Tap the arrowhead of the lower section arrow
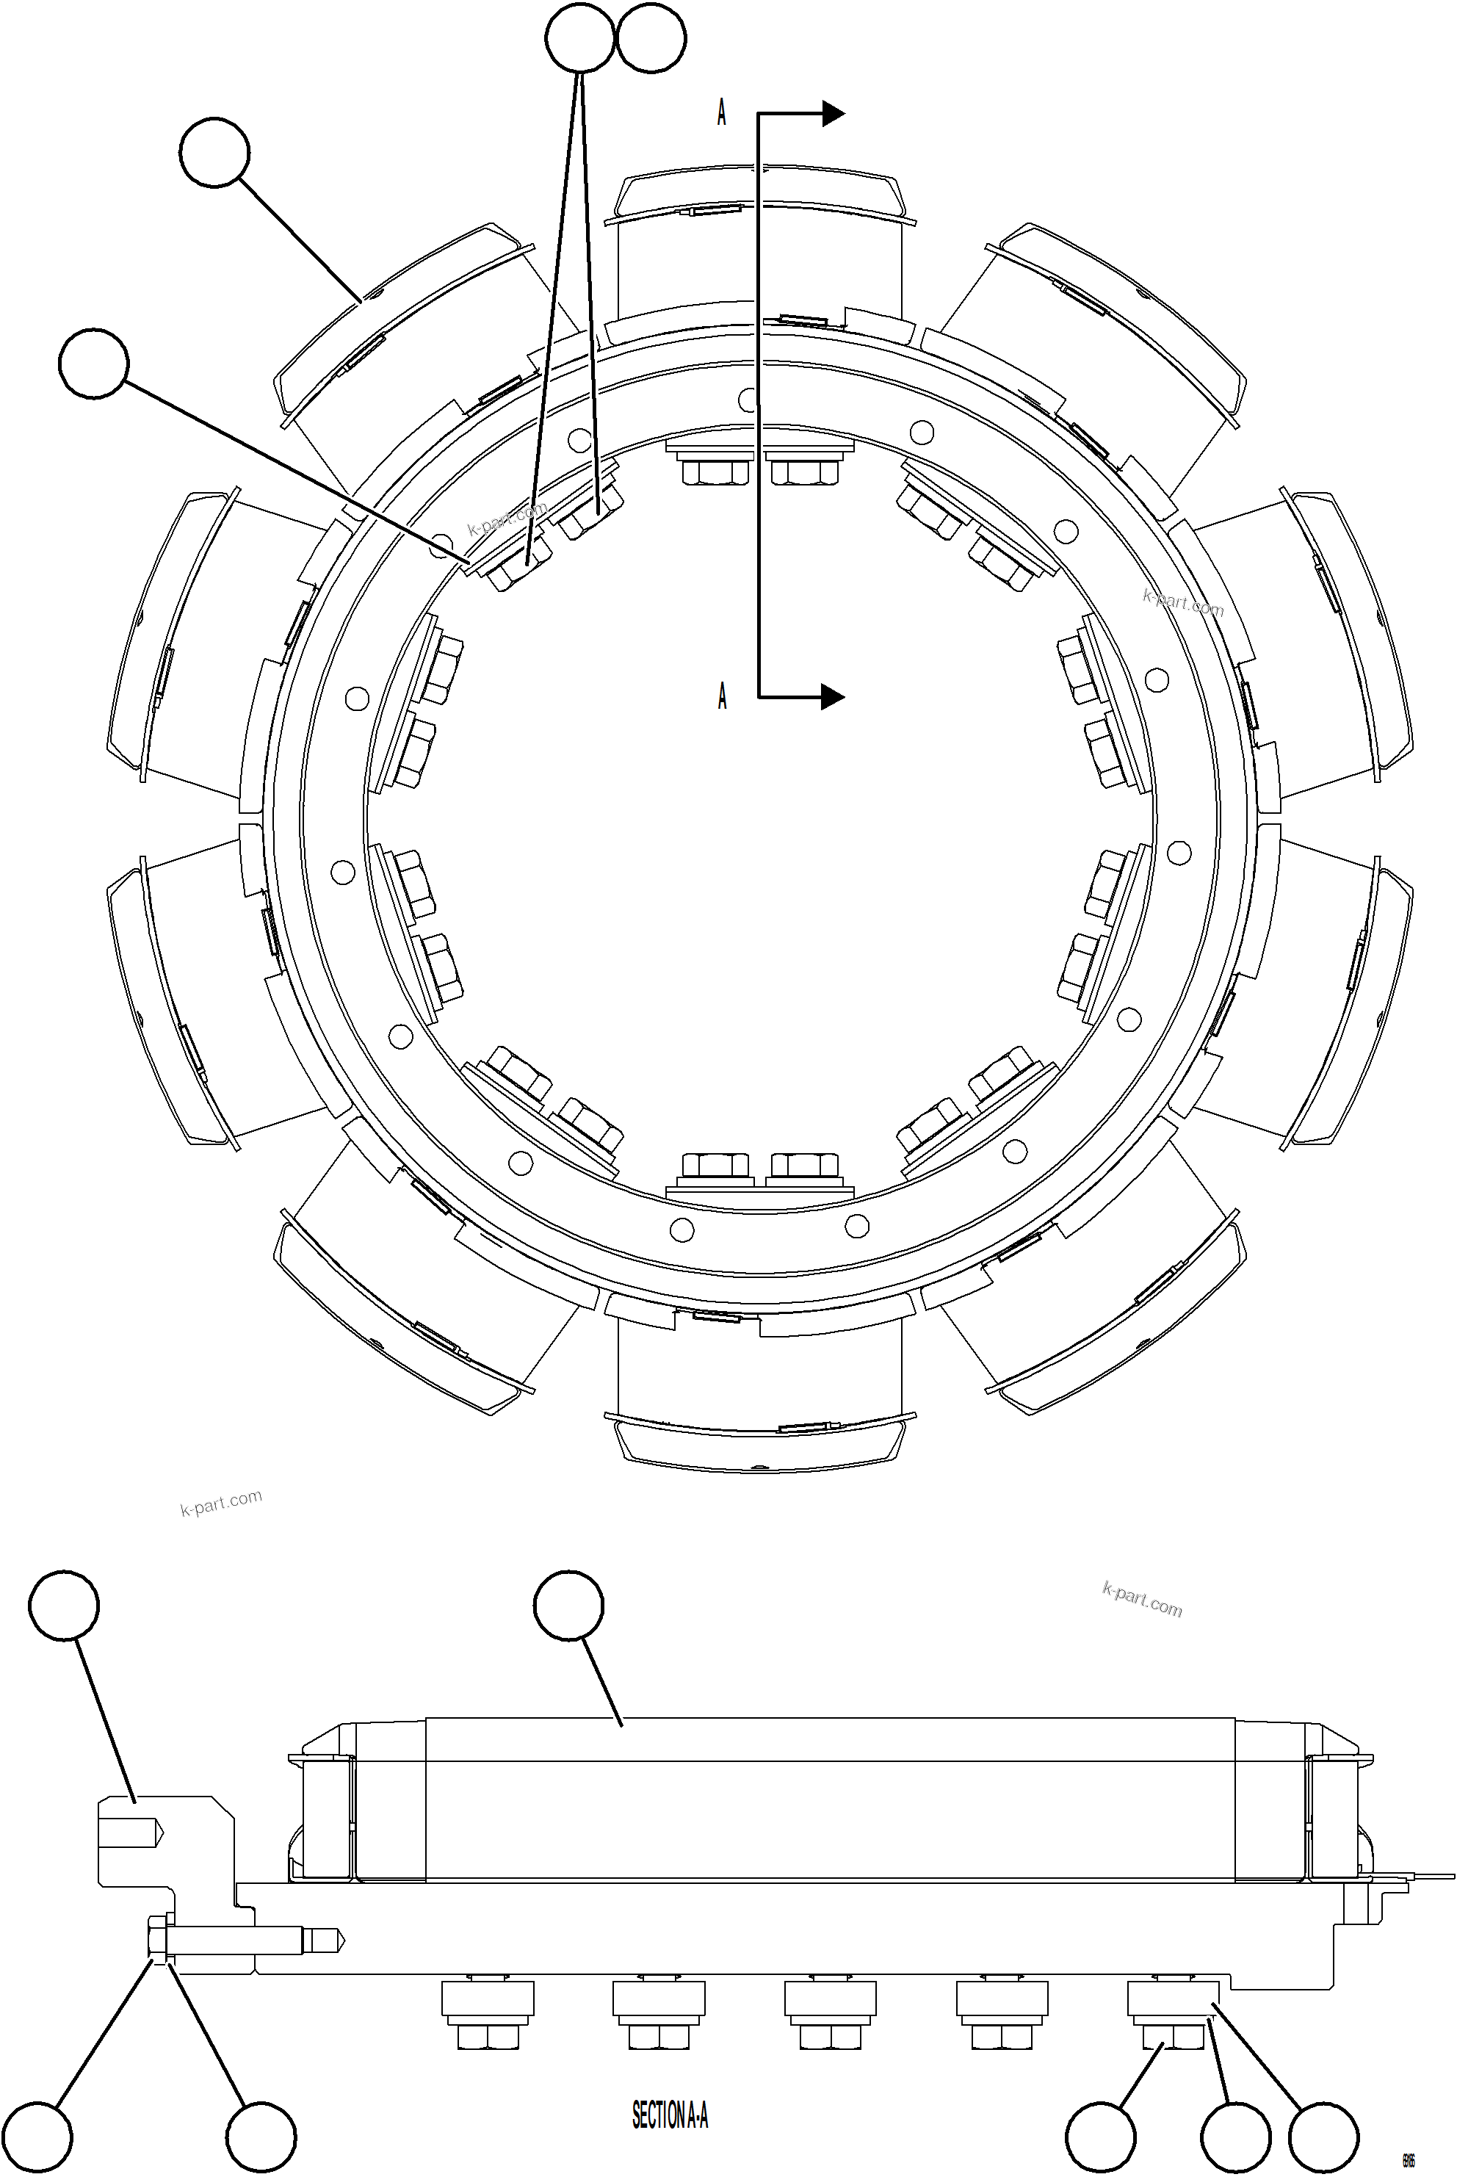(x=833, y=696)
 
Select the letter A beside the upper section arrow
(x=722, y=112)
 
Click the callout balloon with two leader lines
(x=579, y=38)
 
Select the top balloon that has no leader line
(x=651, y=38)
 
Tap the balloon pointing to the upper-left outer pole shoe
(x=214, y=152)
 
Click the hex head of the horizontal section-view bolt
(x=156, y=1939)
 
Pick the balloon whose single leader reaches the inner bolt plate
(x=94, y=364)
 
